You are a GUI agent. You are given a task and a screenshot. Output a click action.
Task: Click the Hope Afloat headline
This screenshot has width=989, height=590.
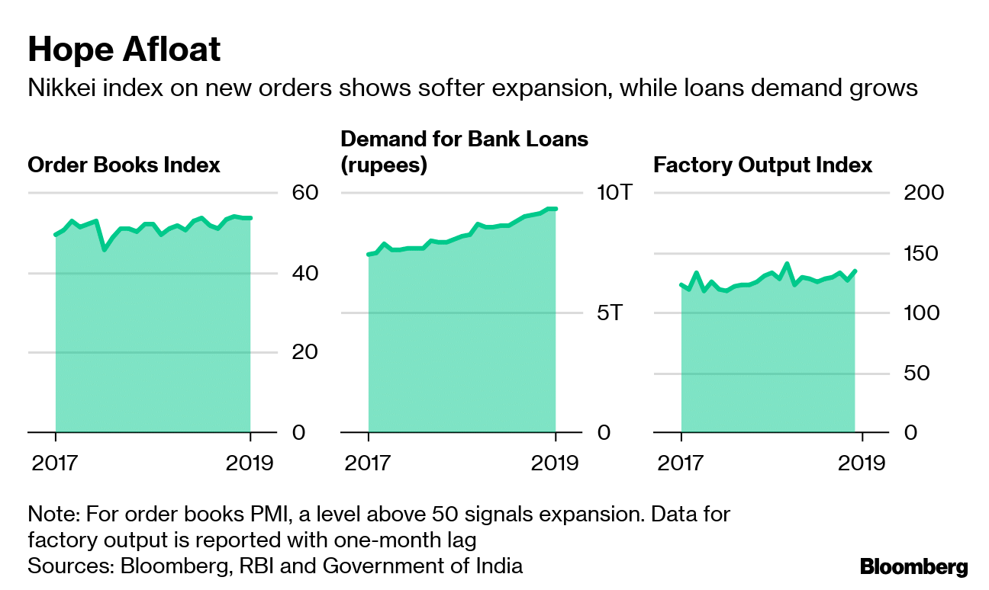click(x=124, y=50)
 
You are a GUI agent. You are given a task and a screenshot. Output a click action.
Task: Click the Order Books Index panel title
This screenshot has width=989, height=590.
click(x=124, y=165)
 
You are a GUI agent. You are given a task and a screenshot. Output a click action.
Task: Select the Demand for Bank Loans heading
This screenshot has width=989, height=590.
click(x=464, y=152)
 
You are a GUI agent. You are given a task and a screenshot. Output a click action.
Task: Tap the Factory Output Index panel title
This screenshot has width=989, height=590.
click(x=763, y=165)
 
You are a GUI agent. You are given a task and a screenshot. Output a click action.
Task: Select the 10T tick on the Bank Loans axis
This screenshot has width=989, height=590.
click(x=613, y=192)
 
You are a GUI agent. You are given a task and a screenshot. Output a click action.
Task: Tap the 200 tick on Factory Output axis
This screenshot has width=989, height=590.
click(x=923, y=192)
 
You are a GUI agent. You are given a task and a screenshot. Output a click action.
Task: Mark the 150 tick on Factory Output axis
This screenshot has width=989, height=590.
click(x=923, y=253)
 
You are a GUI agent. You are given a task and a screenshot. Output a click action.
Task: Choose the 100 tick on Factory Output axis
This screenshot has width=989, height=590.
click(x=923, y=313)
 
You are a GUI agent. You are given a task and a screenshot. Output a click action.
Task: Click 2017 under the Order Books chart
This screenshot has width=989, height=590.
click(x=55, y=463)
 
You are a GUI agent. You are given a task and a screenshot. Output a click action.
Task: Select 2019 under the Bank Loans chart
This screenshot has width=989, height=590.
click(x=555, y=463)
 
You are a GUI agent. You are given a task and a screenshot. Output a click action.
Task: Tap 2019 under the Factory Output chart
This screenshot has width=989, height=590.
click(x=862, y=463)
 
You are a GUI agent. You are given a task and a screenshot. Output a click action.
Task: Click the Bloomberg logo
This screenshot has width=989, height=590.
click(x=913, y=566)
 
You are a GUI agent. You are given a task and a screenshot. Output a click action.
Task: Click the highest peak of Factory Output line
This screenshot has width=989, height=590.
click(x=787, y=265)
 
